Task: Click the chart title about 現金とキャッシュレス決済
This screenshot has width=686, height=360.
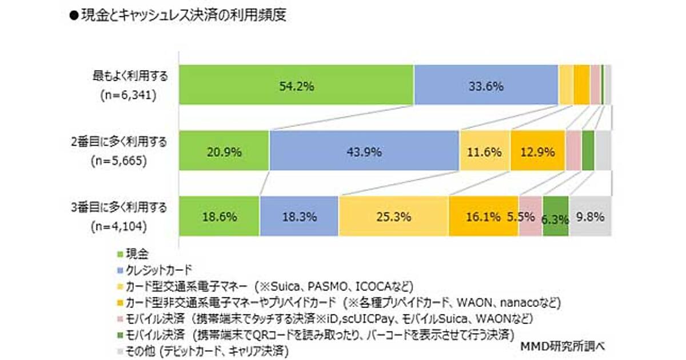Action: point(177,16)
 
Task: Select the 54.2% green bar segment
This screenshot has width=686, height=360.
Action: point(296,86)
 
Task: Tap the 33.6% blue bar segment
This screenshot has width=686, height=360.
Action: point(486,86)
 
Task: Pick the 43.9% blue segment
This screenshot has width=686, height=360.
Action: point(364,151)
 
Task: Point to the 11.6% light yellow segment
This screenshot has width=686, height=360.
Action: point(485,151)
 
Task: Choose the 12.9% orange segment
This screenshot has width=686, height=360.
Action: point(537,151)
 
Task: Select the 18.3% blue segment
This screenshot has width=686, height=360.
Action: point(298,217)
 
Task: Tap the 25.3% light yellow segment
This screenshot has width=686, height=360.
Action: point(393,217)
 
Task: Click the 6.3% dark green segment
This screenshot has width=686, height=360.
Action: point(556,217)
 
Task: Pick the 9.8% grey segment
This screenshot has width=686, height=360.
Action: point(591,217)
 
